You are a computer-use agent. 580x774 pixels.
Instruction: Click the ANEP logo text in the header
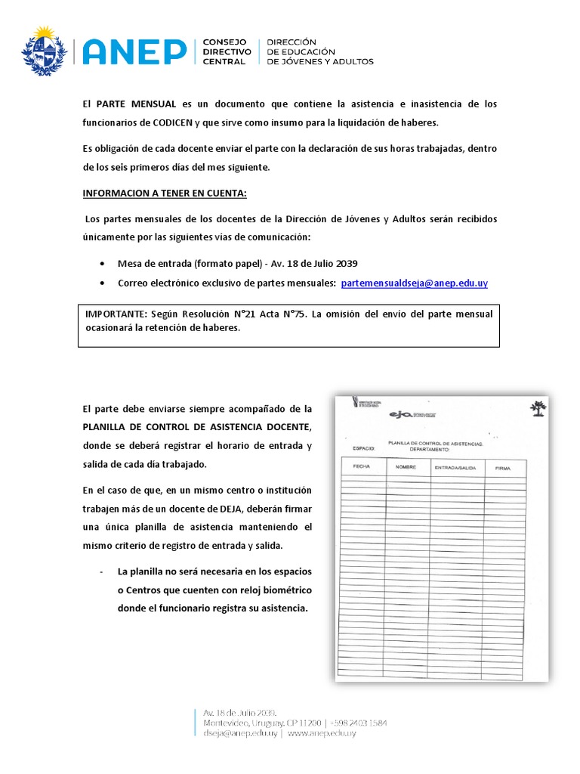click(x=134, y=51)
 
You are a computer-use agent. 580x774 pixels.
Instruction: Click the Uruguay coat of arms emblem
click(x=45, y=51)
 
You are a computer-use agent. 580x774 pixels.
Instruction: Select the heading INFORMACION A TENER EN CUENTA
click(x=165, y=193)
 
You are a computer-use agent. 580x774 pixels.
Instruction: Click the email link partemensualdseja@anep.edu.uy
click(x=414, y=283)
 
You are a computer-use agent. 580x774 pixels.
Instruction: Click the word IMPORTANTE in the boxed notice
click(x=116, y=314)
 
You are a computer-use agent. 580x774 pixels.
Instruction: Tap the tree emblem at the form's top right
click(x=538, y=409)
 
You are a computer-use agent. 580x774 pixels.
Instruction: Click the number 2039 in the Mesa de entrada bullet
click(x=343, y=264)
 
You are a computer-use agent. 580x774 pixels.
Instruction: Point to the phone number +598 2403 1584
click(x=358, y=723)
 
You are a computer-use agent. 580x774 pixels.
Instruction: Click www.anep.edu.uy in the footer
click(x=322, y=733)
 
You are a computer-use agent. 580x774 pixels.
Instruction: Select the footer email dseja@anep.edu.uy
click(x=241, y=733)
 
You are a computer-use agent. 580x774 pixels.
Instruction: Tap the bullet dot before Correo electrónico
click(x=102, y=283)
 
